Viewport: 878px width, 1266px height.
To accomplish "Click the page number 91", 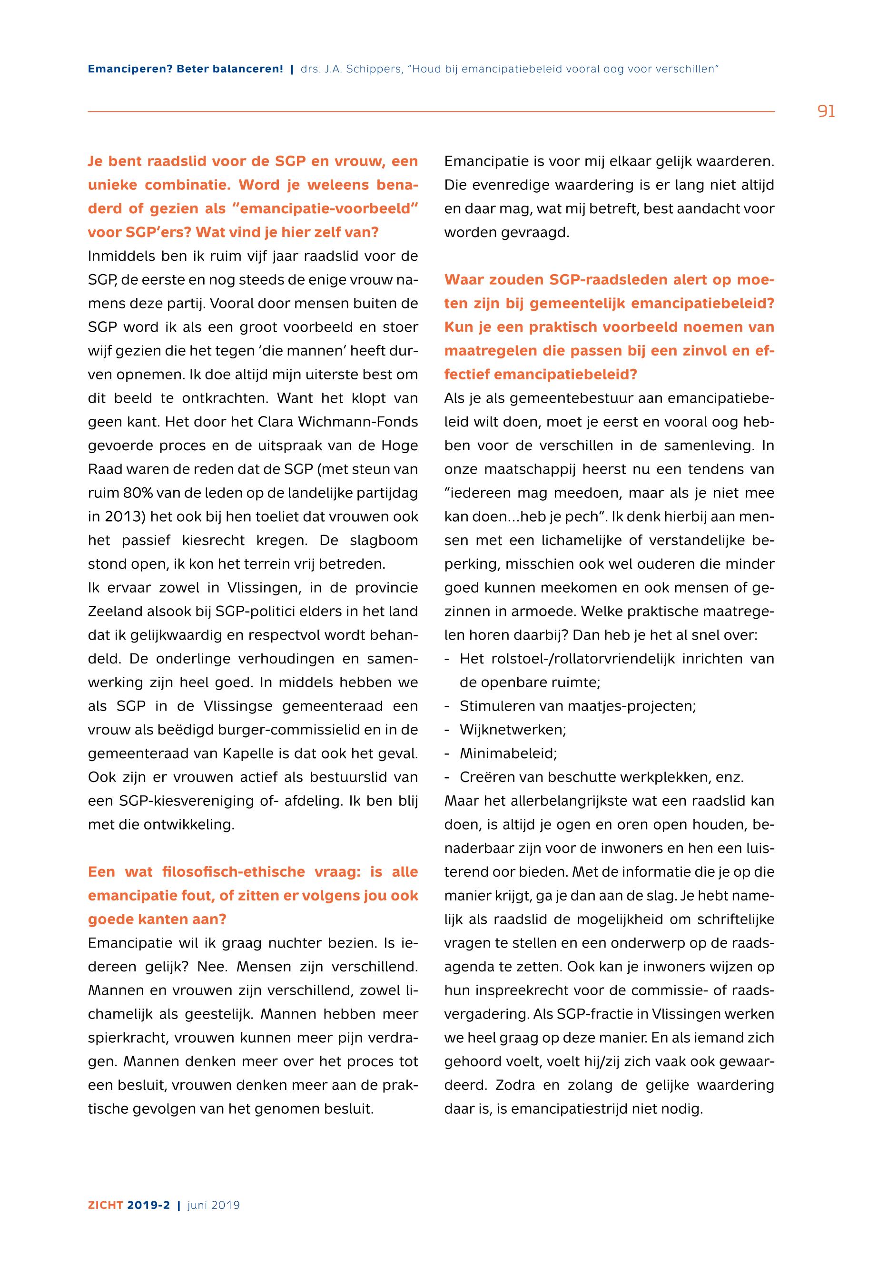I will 826,112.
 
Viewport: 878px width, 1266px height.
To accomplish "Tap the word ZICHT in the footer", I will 105,1205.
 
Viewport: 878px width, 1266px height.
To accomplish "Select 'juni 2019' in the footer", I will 214,1205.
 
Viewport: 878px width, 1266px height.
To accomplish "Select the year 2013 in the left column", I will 119,517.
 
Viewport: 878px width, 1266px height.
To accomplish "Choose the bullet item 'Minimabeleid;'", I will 508,754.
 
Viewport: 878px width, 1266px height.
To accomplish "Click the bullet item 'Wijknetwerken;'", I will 513,730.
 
